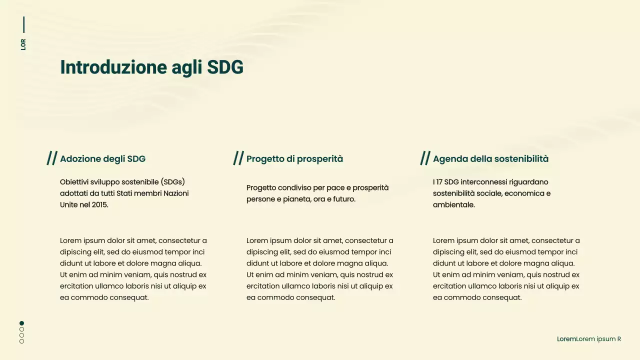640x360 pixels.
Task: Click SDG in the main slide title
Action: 225,67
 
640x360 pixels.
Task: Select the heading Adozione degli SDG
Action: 102,159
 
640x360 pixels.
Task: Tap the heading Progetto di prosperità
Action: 294,159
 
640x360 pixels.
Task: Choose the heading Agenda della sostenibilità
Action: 490,159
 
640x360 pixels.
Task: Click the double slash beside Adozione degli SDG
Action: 52,158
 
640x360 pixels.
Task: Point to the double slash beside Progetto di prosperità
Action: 238,158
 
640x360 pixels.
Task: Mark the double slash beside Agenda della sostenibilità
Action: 425,158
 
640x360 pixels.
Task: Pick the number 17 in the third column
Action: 440,182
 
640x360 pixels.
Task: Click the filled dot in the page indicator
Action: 21,323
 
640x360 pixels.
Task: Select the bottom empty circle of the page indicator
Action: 21,341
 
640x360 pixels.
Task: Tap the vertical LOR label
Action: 23,44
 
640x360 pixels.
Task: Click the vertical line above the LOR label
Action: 23,24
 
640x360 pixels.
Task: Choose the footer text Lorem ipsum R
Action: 598,339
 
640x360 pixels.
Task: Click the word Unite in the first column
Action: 69,204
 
